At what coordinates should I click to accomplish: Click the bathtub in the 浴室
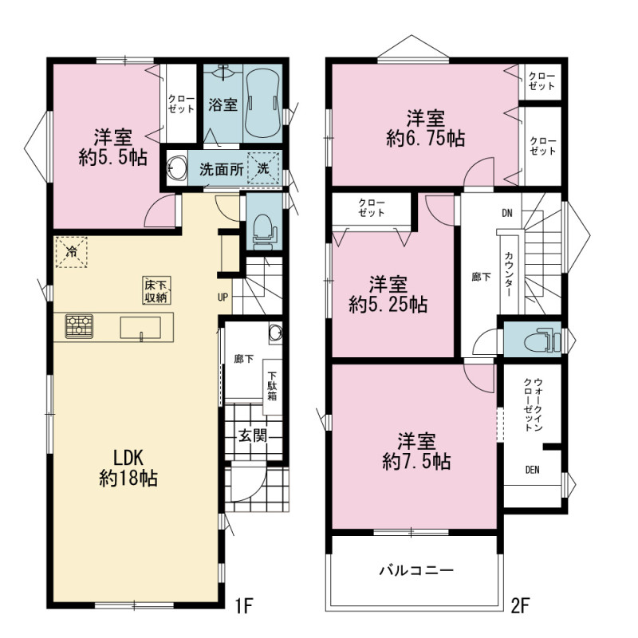coord(263,104)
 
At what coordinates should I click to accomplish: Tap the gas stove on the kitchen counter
coord(79,326)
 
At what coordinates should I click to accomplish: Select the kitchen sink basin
coord(140,328)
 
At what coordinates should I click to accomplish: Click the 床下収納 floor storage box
coord(156,290)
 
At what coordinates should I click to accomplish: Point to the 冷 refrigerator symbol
coord(71,252)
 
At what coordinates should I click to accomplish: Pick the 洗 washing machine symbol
coord(263,167)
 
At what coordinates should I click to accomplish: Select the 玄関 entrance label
coord(253,435)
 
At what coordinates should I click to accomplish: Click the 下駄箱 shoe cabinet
coord(272,387)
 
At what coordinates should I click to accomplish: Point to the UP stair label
coord(223,297)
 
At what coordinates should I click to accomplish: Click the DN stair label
coord(507,213)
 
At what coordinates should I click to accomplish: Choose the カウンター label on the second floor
coord(509,274)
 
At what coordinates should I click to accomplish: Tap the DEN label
coord(532,470)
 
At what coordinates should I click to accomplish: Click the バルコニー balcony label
coord(416,570)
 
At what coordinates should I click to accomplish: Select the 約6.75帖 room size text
coord(425,139)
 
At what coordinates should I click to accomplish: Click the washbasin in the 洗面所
coord(176,167)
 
